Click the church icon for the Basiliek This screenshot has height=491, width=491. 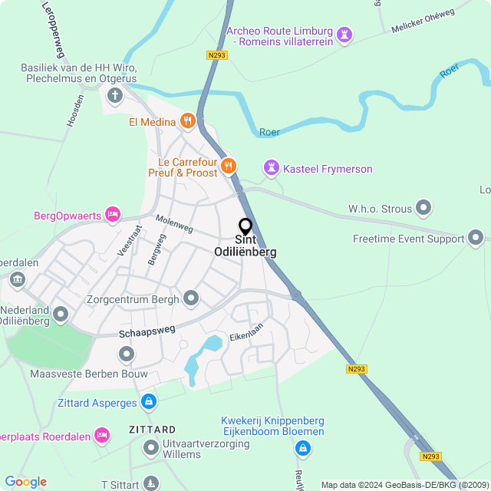(115, 96)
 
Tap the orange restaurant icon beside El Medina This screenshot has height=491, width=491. (187, 121)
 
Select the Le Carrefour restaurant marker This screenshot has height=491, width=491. (228, 166)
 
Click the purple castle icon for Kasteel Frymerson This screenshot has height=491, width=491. (271, 167)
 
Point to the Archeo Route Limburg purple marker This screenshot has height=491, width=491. (345, 35)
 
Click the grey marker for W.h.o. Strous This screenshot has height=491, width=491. (423, 208)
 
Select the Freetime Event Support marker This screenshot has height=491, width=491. (476, 238)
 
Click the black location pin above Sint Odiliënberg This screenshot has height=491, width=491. (245, 227)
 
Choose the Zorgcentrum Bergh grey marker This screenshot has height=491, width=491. (192, 298)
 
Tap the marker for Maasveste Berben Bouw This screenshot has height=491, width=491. (127, 354)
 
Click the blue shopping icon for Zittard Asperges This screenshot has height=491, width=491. (149, 401)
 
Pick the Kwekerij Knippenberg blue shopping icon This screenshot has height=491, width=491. (304, 447)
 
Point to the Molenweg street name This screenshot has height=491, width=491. (175, 223)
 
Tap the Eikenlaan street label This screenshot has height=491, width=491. (245, 332)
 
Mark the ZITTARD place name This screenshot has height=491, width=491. (153, 430)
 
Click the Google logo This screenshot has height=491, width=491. (26, 482)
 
